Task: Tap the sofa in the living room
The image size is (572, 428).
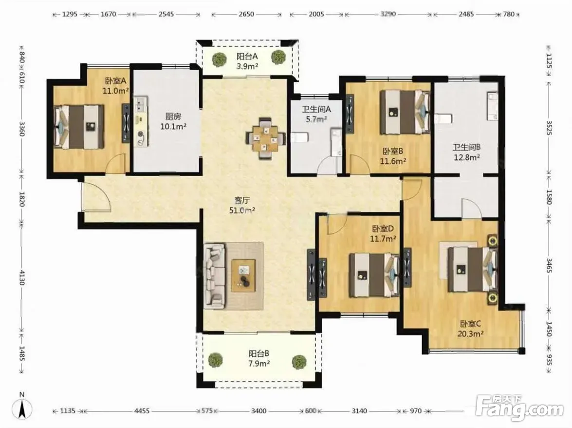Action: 215,276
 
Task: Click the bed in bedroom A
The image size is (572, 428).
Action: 79,127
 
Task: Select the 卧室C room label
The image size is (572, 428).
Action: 471,324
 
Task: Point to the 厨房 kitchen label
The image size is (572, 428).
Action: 173,117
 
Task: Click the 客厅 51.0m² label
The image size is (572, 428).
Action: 242,205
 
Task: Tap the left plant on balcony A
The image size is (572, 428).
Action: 219,59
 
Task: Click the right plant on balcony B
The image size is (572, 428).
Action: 299,362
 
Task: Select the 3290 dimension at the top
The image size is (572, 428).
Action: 388,14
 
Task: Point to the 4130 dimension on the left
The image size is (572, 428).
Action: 22,278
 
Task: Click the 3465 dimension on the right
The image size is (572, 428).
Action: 550,266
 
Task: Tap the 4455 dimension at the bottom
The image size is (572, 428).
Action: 142,411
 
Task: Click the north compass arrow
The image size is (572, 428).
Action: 22,409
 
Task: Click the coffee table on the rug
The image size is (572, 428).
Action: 243,275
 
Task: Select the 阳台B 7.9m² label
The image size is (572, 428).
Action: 259,358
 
